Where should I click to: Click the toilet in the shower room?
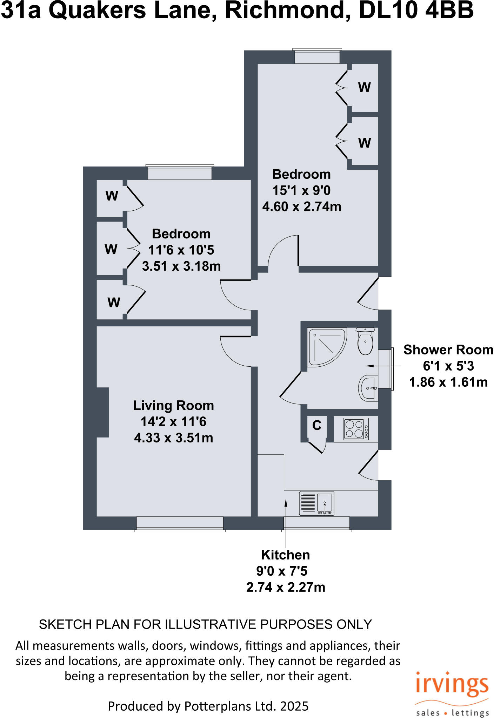pyautogui.click(x=365, y=342)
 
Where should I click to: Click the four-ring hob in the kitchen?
pyautogui.click(x=356, y=429)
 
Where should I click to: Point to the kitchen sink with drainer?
pyautogui.click(x=316, y=503)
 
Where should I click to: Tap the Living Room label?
pyautogui.click(x=173, y=406)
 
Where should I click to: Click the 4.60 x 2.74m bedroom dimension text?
pyautogui.click(x=301, y=206)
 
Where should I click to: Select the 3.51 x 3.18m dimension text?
pyautogui.click(x=181, y=266)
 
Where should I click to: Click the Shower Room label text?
pyautogui.click(x=448, y=350)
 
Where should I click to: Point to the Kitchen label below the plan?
pyautogui.click(x=285, y=555)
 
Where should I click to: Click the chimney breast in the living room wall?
pyautogui.click(x=102, y=412)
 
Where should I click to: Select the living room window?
pyautogui.click(x=180, y=523)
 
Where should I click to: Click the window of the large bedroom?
pyautogui.click(x=317, y=56)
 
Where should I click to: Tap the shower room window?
pyautogui.click(x=385, y=369)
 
